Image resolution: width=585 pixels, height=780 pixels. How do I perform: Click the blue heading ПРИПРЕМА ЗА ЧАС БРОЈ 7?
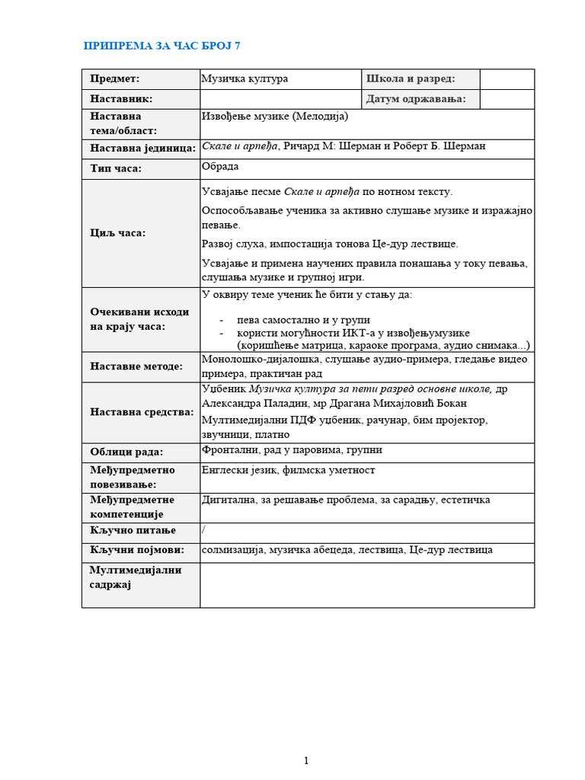(161, 46)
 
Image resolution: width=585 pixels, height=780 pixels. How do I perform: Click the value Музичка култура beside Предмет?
(245, 78)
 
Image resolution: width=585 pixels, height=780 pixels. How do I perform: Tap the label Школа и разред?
(411, 78)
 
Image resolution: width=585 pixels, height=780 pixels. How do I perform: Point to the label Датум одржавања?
(416, 99)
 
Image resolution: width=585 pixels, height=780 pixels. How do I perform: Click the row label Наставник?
(121, 99)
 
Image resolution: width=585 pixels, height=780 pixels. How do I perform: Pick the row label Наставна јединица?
(142, 148)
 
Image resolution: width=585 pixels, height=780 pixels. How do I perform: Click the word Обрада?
(221, 167)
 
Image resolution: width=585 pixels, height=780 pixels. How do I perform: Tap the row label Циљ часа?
(118, 233)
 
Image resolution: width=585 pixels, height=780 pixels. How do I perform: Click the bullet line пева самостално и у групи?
(303, 320)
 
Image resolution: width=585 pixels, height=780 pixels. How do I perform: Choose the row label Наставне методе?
(136, 366)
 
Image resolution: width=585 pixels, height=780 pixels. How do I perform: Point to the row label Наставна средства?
(142, 412)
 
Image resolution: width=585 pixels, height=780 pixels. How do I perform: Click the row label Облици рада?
(126, 451)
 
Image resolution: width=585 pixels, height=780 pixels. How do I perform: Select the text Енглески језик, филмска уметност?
(289, 470)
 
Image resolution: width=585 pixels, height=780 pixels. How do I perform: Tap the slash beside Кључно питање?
(203, 530)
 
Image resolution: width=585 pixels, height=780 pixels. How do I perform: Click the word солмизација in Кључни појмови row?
(233, 549)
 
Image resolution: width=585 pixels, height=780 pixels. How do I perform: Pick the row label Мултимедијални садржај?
(136, 577)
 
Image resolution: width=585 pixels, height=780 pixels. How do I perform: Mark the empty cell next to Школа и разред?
(507, 78)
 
